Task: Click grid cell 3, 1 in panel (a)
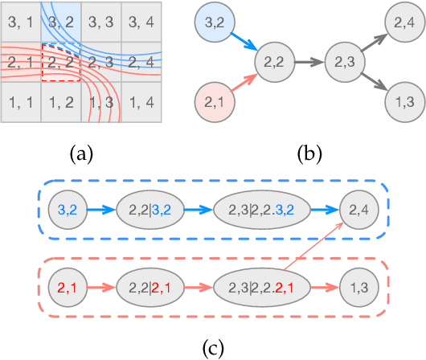click(x=20, y=23)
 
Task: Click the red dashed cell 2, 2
click(x=60, y=62)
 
